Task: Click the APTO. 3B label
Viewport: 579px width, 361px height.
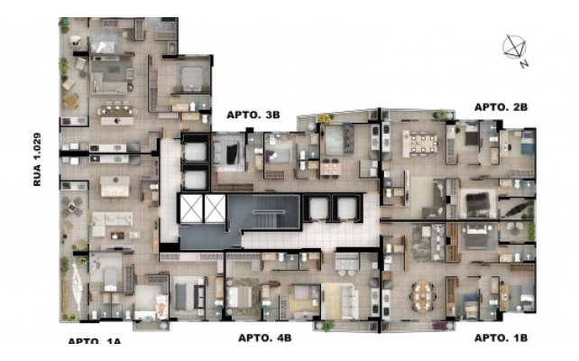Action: (x=253, y=115)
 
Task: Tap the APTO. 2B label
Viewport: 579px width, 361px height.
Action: (x=501, y=107)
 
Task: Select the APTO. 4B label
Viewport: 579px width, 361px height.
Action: (x=265, y=338)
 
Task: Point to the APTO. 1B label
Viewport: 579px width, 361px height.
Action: (x=501, y=338)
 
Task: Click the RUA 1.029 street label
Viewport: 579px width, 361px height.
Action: (x=37, y=159)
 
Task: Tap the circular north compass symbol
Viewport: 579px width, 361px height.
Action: (x=514, y=47)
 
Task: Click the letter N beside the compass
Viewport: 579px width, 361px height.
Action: (x=524, y=64)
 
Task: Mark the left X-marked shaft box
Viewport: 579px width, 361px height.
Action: (x=191, y=208)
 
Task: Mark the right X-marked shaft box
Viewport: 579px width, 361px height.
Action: (x=215, y=208)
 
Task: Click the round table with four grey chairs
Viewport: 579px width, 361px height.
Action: (x=72, y=206)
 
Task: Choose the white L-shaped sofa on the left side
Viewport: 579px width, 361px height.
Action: (x=111, y=223)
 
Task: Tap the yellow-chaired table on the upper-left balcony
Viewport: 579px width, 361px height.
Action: (x=70, y=101)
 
